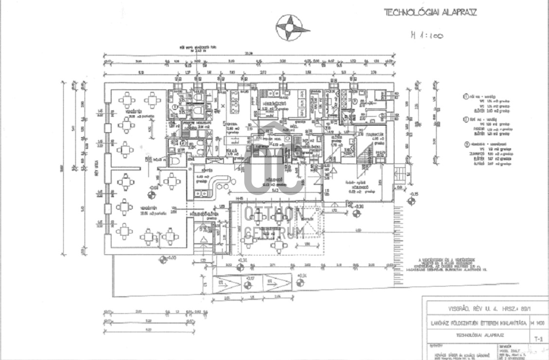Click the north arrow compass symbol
pyautogui.click(x=292, y=27)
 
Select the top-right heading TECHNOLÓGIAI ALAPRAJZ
pyautogui.click(x=430, y=12)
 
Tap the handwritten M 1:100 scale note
pyautogui.click(x=426, y=35)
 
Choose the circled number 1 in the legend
pyautogui.click(x=465, y=97)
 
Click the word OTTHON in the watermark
pyautogui.click(x=275, y=215)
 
